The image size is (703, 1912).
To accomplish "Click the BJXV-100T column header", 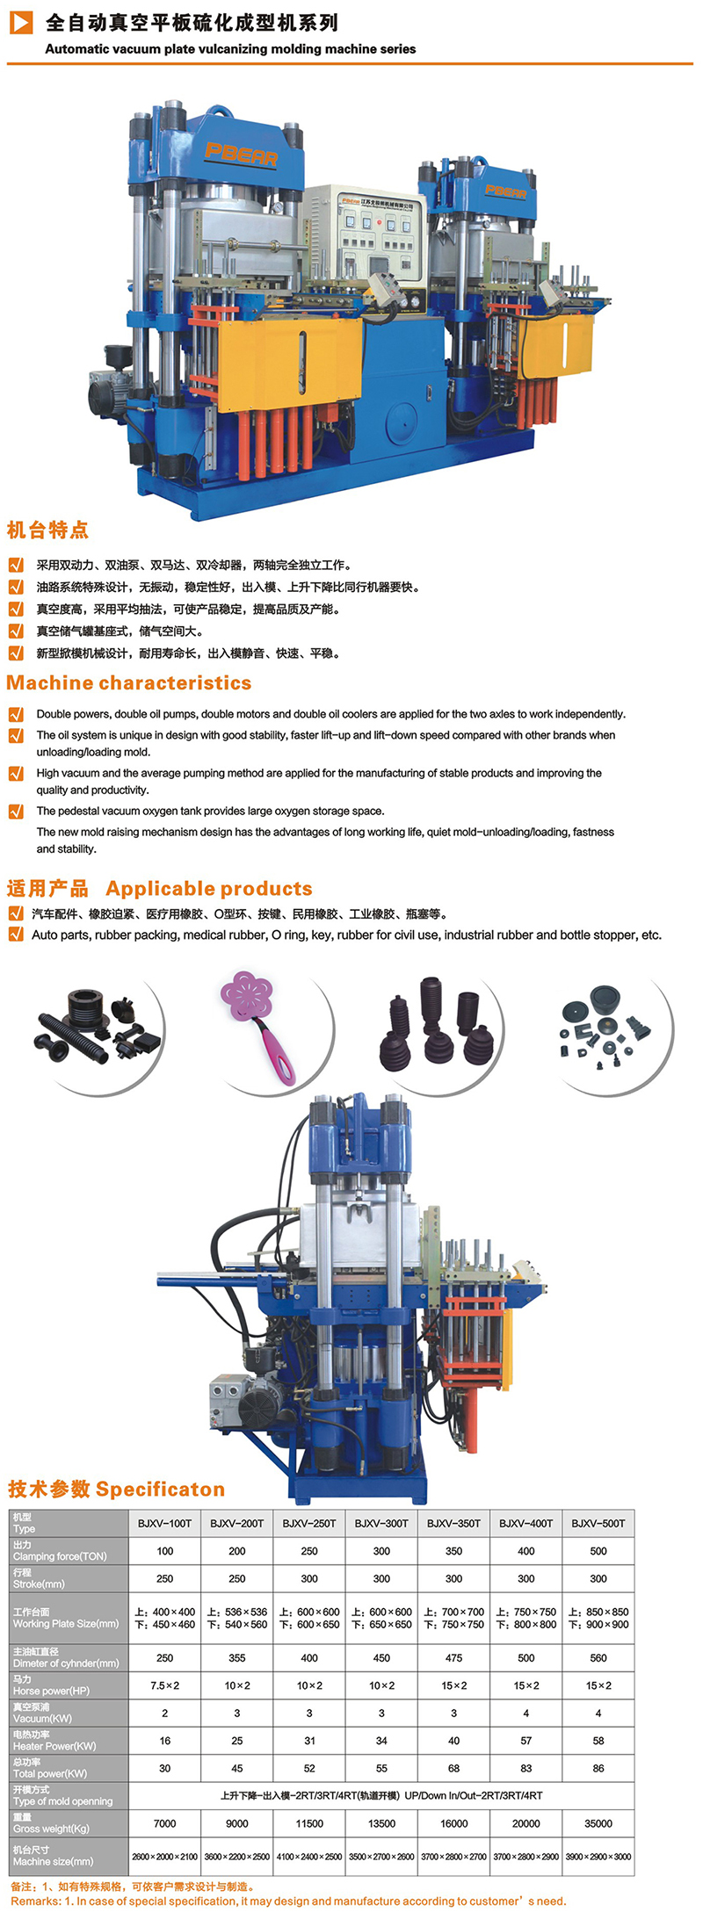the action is pos(164,1523).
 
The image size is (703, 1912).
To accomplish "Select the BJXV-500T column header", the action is pos(598,1523).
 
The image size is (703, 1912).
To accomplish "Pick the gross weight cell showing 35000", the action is pos(598,1823).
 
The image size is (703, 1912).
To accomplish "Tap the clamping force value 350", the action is pos(454,1551).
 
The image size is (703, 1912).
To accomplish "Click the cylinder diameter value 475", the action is pos(454,1658).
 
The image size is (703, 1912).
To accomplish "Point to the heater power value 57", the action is pos(526,1741).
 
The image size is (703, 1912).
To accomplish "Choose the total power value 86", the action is pos(598,1768).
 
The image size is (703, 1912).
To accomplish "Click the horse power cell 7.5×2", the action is pos(164,1685).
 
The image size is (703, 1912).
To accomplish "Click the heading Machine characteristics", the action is pos(129,682).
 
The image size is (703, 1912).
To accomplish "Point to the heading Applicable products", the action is pos(209,888).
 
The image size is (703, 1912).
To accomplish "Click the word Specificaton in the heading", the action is pos(161,1489).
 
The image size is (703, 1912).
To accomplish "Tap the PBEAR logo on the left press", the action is pos(242,155).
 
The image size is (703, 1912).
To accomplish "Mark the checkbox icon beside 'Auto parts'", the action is pos(16,934).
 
